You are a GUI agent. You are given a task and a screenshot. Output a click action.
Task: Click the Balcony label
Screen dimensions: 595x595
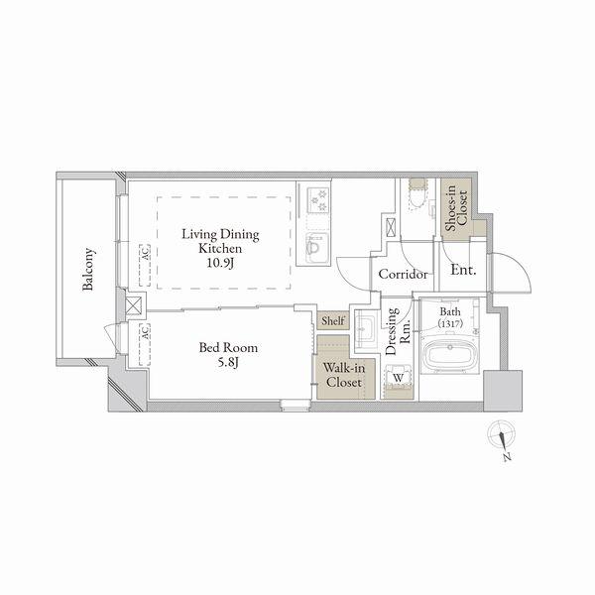pyautogui.click(x=88, y=269)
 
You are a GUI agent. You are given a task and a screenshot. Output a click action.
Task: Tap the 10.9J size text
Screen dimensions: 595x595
pyautogui.click(x=220, y=263)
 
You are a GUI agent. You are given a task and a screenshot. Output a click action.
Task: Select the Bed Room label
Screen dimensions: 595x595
pyautogui.click(x=228, y=348)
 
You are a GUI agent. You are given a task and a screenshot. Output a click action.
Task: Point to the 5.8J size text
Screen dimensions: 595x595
pyautogui.click(x=228, y=363)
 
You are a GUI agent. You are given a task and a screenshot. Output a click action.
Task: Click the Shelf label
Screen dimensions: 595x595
pyautogui.click(x=333, y=321)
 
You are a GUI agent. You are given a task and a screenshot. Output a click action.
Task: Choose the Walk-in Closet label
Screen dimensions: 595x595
pyautogui.click(x=344, y=375)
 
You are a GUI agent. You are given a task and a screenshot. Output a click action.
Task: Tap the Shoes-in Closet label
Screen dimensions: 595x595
pyautogui.click(x=456, y=208)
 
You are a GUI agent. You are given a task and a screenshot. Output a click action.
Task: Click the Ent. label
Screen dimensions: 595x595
pyautogui.click(x=463, y=270)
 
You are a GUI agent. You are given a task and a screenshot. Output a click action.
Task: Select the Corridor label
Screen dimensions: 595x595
pyautogui.click(x=403, y=274)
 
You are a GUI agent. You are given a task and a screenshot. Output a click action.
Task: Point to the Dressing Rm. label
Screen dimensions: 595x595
pyautogui.click(x=398, y=331)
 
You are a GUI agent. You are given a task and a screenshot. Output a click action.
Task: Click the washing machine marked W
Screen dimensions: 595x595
pyautogui.click(x=398, y=379)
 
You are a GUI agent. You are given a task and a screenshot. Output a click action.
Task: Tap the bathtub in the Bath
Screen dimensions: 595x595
pyautogui.click(x=450, y=354)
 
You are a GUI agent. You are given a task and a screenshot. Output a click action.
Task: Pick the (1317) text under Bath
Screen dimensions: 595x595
pyautogui.click(x=450, y=323)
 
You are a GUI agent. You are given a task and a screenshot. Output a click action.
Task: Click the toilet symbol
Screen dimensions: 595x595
pyautogui.click(x=417, y=194)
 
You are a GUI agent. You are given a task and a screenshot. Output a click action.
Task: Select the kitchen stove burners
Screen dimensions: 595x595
pyautogui.click(x=317, y=200)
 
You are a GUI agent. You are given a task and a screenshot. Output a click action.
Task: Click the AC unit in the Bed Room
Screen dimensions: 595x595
pyautogui.click(x=145, y=344)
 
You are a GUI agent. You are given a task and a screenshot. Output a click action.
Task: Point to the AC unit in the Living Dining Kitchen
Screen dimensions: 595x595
pyautogui.click(x=145, y=265)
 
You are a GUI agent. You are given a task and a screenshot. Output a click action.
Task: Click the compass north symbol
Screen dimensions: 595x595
pyautogui.click(x=502, y=439)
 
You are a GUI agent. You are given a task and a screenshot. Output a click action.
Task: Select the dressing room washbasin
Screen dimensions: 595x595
pyautogui.click(x=365, y=328)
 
